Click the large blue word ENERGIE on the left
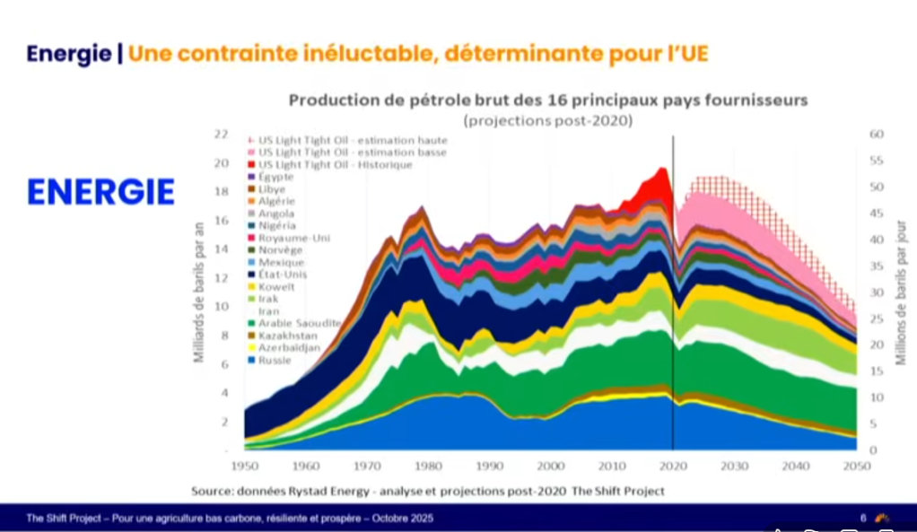click(x=100, y=192)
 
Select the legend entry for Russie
click(x=275, y=360)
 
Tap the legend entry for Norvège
click(x=281, y=250)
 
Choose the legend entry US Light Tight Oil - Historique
click(x=335, y=165)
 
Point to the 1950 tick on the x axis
click(x=245, y=467)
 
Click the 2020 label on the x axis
click(x=672, y=467)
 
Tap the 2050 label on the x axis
click(x=855, y=467)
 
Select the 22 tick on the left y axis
click(x=221, y=135)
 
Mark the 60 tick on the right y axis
click(x=876, y=135)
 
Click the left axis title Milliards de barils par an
click(x=199, y=292)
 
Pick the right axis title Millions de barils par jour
click(x=900, y=292)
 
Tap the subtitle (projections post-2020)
click(x=547, y=120)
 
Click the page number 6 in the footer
click(x=863, y=518)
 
